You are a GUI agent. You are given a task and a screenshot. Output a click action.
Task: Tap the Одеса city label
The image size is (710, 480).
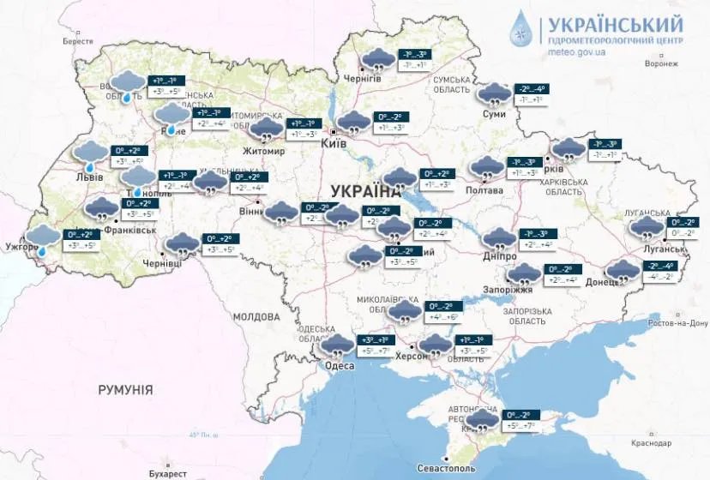pyautogui.click(x=340, y=366)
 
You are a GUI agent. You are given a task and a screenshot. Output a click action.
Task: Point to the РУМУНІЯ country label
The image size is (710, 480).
pyautogui.click(x=125, y=390)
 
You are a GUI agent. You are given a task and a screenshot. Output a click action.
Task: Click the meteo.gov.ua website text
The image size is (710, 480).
pyautogui.click(x=576, y=51)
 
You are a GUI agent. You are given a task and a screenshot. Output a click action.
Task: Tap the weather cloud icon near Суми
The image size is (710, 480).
pyautogui.click(x=493, y=93)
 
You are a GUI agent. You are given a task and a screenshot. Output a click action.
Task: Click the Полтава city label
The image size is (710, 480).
pyautogui.click(x=485, y=190)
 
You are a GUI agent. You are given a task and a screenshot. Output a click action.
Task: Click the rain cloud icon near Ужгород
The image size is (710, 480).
pyautogui.click(x=42, y=237)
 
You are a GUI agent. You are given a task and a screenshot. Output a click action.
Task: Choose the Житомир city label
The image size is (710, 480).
pyautogui.click(x=264, y=152)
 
